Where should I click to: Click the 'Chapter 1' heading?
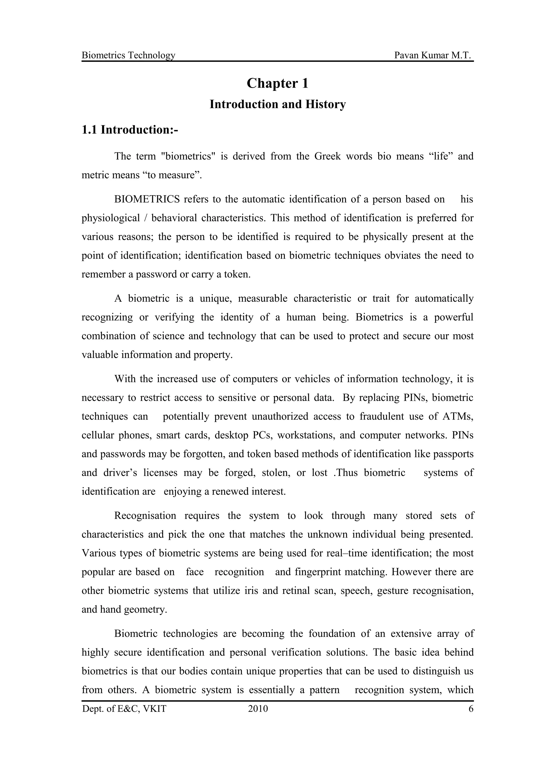coord(277,83)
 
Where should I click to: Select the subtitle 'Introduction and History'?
coord(277,104)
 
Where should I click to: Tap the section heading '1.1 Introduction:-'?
coord(130,130)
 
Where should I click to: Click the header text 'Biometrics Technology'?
coord(128,55)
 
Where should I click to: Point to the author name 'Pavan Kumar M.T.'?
coord(433,55)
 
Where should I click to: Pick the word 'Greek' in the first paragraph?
coord(327,156)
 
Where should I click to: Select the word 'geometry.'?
coord(146,610)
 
